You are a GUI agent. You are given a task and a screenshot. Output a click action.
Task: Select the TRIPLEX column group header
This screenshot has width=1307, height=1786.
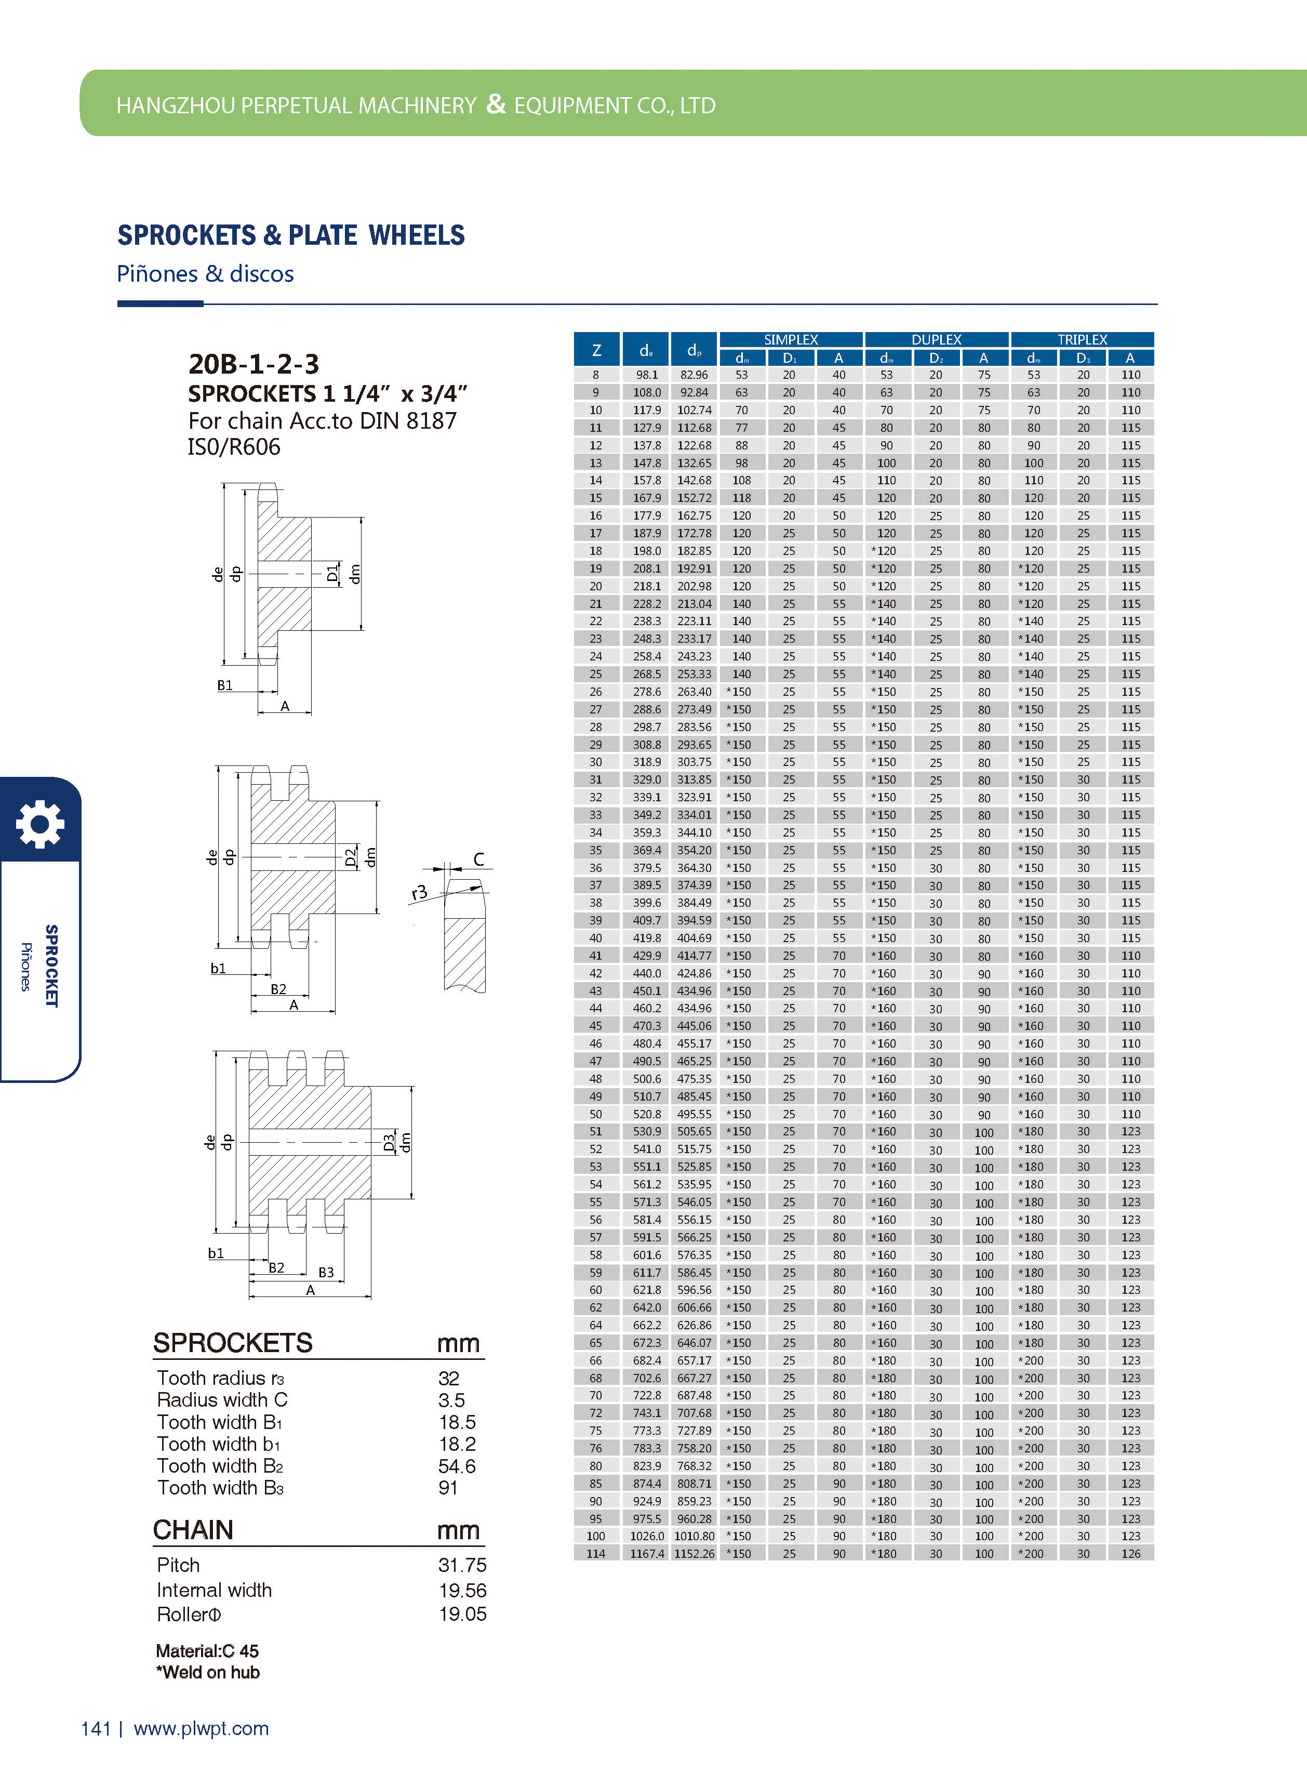[x=1082, y=339]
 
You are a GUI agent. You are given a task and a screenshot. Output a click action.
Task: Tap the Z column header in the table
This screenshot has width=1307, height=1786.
[x=596, y=350]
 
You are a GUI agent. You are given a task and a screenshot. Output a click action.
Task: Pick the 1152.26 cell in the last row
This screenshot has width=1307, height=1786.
[x=694, y=1553]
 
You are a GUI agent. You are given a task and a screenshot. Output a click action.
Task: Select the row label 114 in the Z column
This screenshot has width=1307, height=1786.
[x=596, y=1553]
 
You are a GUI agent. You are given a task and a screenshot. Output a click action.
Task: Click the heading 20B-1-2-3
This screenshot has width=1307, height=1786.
[x=253, y=364]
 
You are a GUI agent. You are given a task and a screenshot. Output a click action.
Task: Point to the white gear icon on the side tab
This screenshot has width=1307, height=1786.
[x=39, y=824]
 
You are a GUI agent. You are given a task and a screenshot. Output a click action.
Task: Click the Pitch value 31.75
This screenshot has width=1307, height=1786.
[x=462, y=1565]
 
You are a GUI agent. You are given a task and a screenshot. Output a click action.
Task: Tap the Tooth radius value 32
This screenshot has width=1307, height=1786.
[x=449, y=1379]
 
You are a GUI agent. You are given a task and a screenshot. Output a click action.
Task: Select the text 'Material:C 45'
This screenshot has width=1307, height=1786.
[x=207, y=1651]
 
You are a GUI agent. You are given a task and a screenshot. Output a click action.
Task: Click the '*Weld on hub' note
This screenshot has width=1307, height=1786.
[x=208, y=1672]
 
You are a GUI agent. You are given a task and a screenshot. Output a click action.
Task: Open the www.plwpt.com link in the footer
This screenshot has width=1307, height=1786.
[x=201, y=1729]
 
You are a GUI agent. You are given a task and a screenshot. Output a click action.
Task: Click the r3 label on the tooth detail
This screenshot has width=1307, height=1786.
[x=419, y=893]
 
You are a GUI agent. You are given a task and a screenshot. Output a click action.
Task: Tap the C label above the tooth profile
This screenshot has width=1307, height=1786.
[x=478, y=859]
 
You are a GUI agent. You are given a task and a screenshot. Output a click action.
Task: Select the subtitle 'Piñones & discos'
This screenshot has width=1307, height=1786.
[x=205, y=274]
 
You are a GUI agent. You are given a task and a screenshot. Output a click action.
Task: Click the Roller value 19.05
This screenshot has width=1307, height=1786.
[x=462, y=1615]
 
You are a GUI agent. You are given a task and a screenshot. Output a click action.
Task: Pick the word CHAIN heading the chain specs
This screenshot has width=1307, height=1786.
[x=193, y=1530]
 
